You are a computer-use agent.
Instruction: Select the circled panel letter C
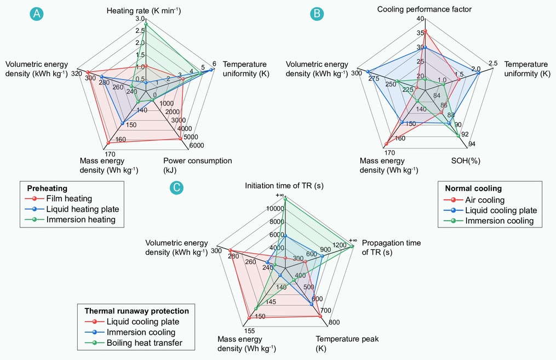click(x=176, y=187)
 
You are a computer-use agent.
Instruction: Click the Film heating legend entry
click(x=59, y=198)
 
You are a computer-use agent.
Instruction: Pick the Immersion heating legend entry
click(x=71, y=220)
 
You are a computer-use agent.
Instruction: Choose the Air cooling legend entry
click(x=474, y=200)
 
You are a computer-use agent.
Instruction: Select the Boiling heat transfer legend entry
click(x=134, y=343)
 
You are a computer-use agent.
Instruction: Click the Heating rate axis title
click(x=144, y=10)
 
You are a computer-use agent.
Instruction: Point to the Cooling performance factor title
click(x=424, y=9)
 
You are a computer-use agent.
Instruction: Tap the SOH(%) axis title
click(x=466, y=161)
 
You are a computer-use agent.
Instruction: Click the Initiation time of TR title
click(x=284, y=186)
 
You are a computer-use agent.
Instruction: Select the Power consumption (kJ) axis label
click(x=198, y=165)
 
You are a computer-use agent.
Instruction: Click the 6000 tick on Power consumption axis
click(x=197, y=145)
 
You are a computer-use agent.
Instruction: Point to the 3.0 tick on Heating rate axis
click(x=140, y=19)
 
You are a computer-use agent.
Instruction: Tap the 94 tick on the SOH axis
click(x=472, y=144)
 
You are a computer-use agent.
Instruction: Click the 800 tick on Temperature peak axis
click(x=334, y=322)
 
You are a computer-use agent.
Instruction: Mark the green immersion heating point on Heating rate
click(x=146, y=24)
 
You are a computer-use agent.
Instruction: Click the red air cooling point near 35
click(x=425, y=31)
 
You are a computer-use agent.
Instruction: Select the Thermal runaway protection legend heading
click(x=136, y=311)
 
